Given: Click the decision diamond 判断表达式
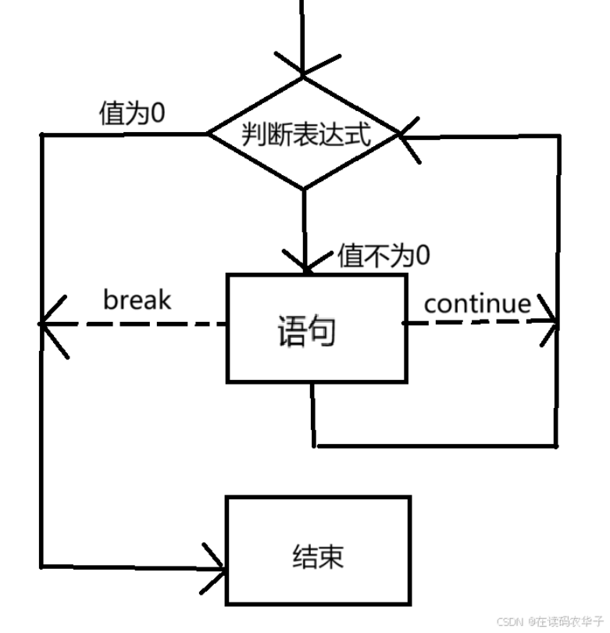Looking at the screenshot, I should click(x=304, y=134).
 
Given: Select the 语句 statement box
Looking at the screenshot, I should click(x=316, y=328).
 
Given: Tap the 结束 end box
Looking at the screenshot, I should click(x=318, y=550).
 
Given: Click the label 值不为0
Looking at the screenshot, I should click(x=384, y=256).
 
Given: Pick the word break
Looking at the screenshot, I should click(x=137, y=299).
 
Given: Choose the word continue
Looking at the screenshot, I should click(x=477, y=303).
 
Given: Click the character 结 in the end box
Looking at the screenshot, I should click(x=304, y=557).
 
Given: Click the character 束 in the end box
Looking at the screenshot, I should click(x=330, y=557).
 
